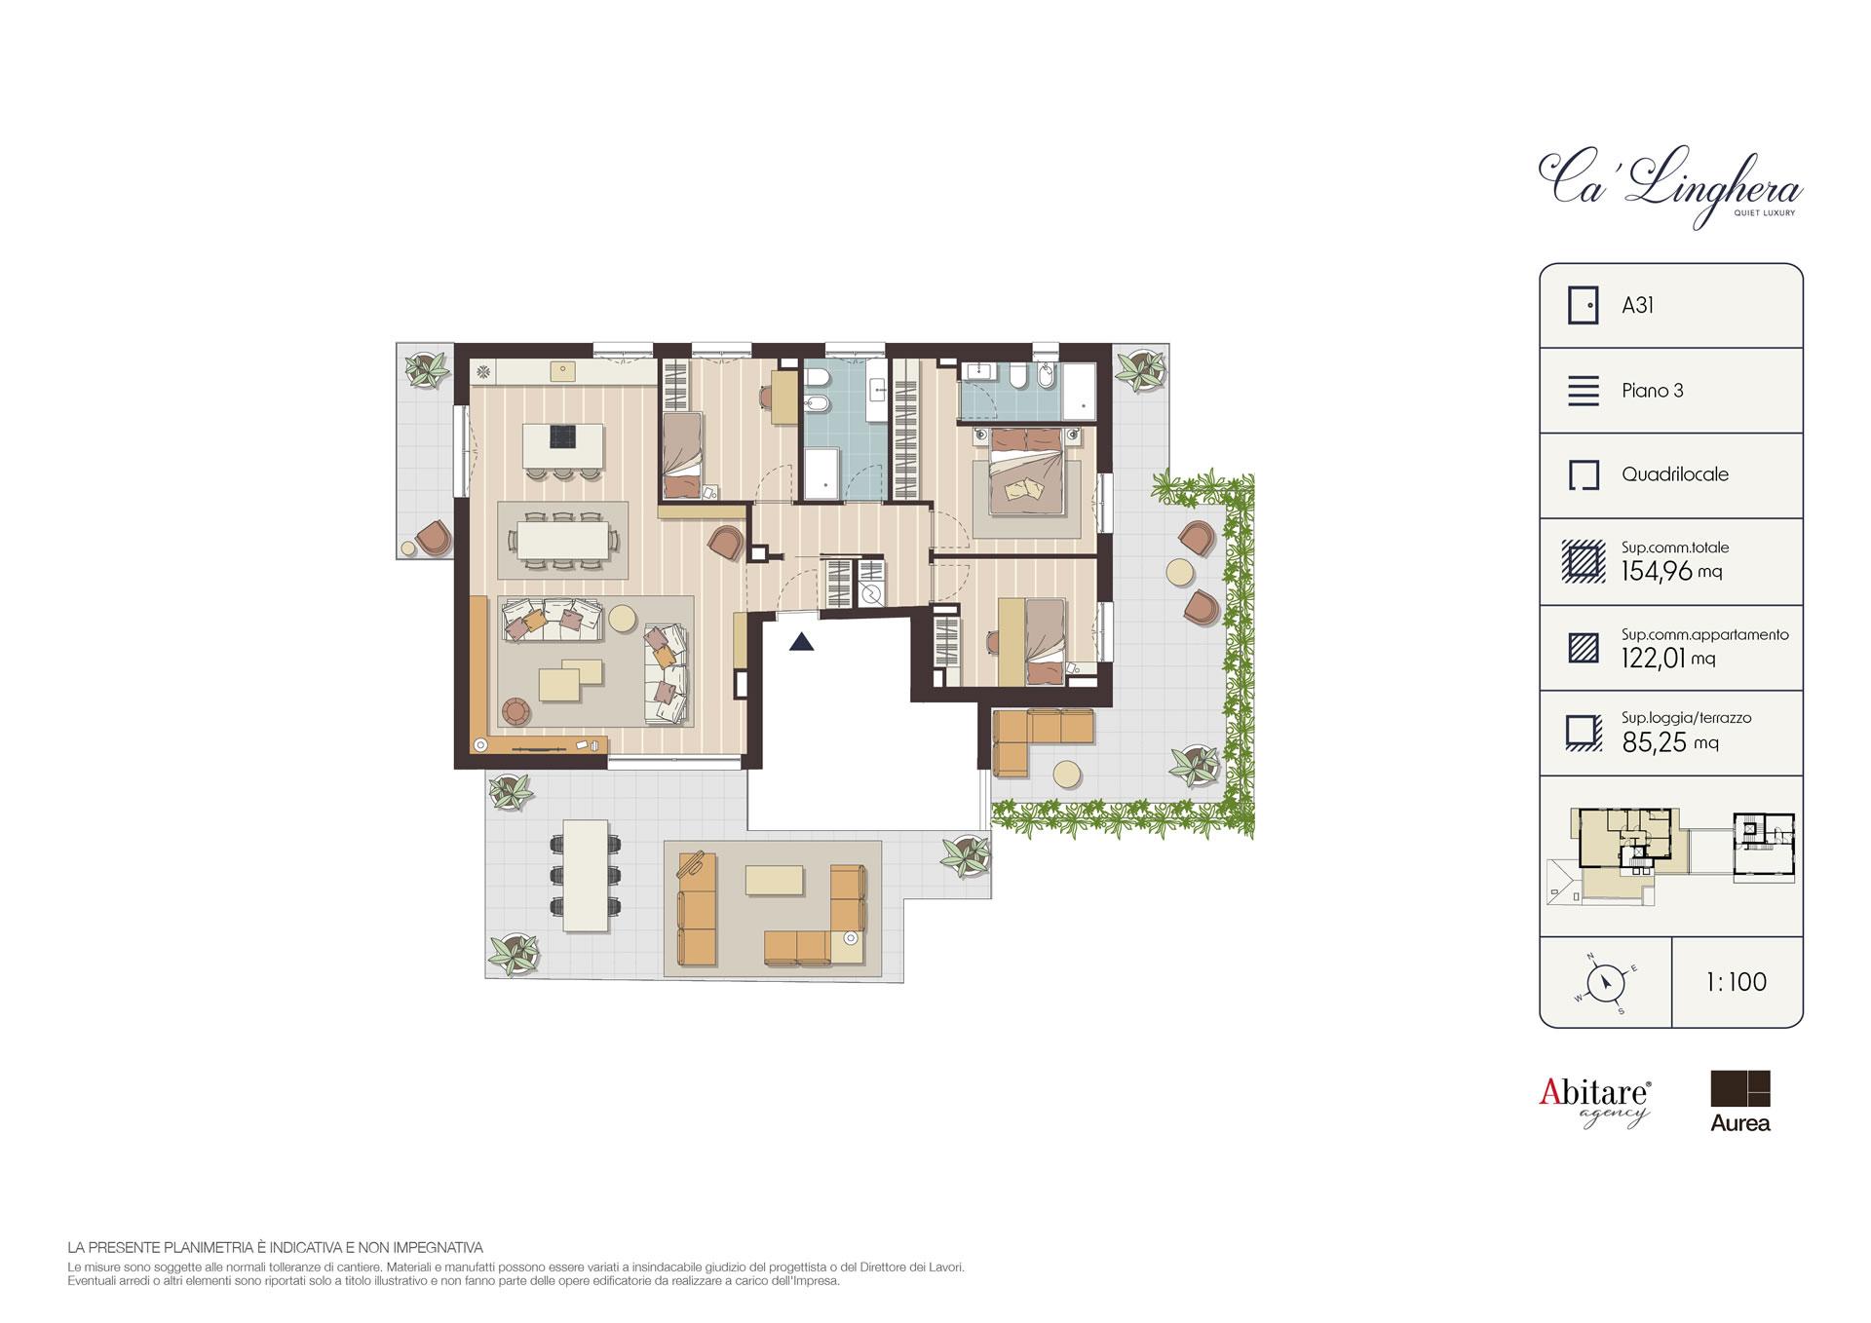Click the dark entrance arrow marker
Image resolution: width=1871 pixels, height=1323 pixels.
(801, 642)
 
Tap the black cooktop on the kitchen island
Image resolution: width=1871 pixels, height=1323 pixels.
(562, 438)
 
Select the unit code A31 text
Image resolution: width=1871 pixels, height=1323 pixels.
(1637, 305)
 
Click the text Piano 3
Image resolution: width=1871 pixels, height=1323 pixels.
(1652, 391)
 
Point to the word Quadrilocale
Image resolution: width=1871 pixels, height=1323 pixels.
(1674, 474)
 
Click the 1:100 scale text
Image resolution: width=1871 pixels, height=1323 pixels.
(1737, 982)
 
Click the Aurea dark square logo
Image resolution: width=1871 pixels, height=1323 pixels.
(1740, 1088)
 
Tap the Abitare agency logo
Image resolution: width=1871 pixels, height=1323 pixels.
(1595, 1102)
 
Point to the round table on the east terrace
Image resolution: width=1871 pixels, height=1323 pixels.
(1181, 574)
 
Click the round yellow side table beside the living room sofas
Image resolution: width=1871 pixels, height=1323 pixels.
(623, 618)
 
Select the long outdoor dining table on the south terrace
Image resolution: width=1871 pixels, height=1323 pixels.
(587, 865)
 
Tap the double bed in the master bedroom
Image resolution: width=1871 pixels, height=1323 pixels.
(1025, 473)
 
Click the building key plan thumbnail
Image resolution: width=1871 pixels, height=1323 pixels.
(1671, 856)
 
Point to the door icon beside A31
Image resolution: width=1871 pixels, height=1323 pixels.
(1584, 305)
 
